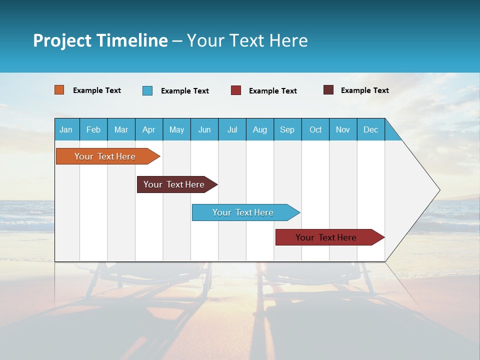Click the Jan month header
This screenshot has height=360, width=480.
(x=66, y=129)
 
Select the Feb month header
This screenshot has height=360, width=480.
(x=93, y=129)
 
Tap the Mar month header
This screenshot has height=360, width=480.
(x=121, y=129)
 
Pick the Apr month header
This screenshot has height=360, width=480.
(x=149, y=129)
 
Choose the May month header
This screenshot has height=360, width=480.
(x=176, y=129)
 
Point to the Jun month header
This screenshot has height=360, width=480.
(x=204, y=129)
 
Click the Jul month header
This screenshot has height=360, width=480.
(x=232, y=129)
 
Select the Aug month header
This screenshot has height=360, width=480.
(x=260, y=129)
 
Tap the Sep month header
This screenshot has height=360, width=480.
(x=287, y=129)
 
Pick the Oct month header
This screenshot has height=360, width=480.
(x=315, y=129)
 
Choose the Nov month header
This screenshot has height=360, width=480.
(x=343, y=129)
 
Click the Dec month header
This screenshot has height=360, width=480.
(x=371, y=129)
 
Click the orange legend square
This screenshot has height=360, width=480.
(x=59, y=90)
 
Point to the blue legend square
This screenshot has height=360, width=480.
(x=147, y=90)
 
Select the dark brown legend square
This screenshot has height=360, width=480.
(x=328, y=90)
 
